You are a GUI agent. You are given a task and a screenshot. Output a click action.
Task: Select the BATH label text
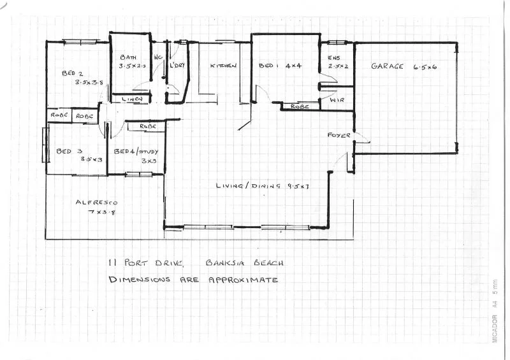(x=128, y=57)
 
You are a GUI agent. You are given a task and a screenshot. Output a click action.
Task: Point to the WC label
(x=157, y=57)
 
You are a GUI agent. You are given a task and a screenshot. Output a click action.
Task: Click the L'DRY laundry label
(x=176, y=65)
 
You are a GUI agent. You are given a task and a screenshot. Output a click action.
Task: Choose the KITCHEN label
(x=224, y=66)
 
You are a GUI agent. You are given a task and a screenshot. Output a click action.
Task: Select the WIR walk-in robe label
(x=337, y=99)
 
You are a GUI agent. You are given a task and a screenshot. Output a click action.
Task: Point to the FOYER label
(x=337, y=135)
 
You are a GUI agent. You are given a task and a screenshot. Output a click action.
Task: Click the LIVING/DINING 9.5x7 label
(x=262, y=186)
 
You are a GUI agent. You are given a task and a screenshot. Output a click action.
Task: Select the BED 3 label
(x=66, y=151)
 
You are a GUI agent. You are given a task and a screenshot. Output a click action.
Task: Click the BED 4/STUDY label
(x=139, y=152)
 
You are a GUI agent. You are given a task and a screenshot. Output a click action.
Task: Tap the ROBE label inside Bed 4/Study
(x=147, y=127)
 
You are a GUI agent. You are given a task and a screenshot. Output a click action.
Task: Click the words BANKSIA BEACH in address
(x=245, y=263)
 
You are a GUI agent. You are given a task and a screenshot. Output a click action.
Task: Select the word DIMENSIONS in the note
(x=139, y=279)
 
